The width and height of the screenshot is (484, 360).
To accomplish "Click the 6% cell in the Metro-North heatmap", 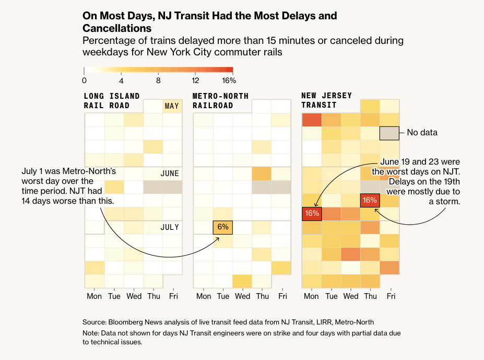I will click(223, 227).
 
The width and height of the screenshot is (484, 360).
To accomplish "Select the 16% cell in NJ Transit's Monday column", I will click(312, 213).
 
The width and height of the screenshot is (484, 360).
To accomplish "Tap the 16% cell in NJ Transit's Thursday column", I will click(370, 200).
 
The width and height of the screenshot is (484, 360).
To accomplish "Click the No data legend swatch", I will click(389, 133).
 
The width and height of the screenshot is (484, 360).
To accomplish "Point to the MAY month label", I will click(172, 106).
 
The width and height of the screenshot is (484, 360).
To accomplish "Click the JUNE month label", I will click(170, 173).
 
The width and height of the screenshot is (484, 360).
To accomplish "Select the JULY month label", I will click(170, 227).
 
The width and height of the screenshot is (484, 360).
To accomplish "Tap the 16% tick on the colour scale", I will click(229, 80).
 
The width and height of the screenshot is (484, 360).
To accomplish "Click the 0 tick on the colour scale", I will click(85, 80).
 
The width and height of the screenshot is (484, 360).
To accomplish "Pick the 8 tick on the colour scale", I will click(158, 80).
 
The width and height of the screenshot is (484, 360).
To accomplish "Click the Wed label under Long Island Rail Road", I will click(134, 296).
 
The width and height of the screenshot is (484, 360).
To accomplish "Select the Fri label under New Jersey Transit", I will click(391, 296).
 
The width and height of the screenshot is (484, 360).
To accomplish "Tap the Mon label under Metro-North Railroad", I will click(204, 296).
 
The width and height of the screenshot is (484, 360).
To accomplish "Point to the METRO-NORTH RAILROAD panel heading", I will click(220, 100).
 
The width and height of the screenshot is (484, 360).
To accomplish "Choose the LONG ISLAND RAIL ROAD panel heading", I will click(112, 100).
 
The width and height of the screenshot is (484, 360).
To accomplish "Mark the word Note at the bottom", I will click(91, 333).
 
